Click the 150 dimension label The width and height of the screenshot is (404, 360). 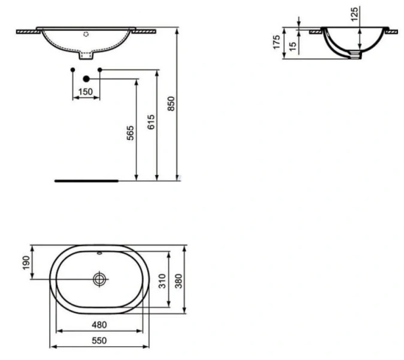pyautogui.click(x=86, y=92)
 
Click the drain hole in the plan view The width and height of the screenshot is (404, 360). pyautogui.click(x=100, y=279)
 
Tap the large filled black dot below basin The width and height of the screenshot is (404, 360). pyautogui.click(x=86, y=79)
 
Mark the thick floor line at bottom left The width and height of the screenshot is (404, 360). pyautogui.click(x=86, y=178)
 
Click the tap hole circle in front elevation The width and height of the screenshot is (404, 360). pyautogui.click(x=86, y=34)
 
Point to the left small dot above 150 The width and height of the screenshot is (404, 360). pyautogui.click(x=73, y=70)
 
